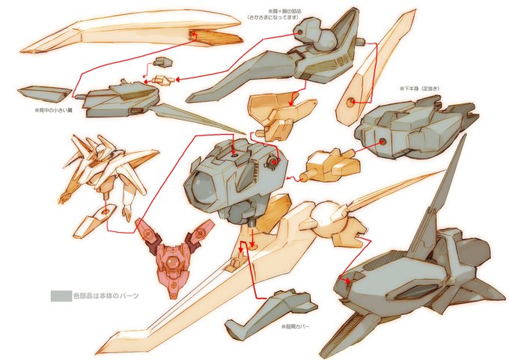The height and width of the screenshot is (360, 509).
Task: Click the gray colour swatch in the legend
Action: tap(60, 296)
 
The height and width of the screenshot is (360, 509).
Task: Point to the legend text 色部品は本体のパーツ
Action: tap(106, 296)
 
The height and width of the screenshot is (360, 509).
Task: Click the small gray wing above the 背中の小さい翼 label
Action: tap(40, 94)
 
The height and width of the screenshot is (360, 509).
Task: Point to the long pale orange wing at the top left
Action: tap(127, 34)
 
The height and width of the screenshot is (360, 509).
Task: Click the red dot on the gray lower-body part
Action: tap(382, 141)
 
